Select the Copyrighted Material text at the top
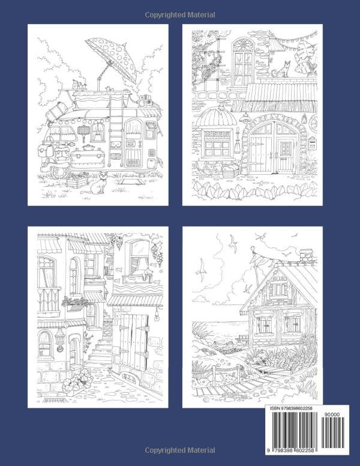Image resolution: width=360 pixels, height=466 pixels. coord(180,14)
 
